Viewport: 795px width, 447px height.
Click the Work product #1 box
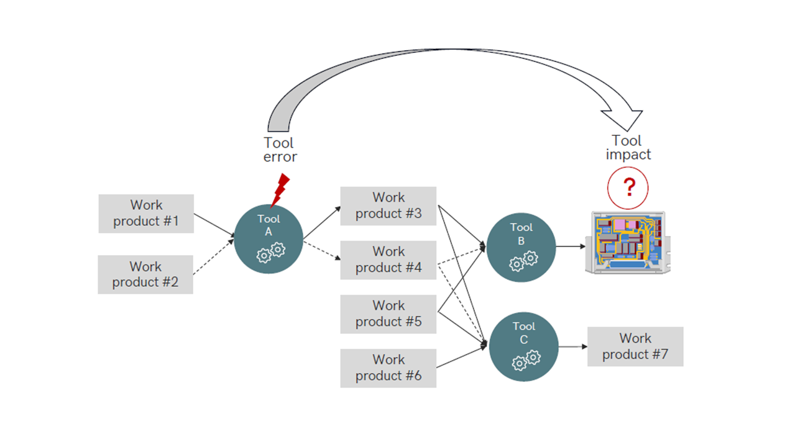coord(146,214)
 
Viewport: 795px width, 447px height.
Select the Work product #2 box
coord(145,274)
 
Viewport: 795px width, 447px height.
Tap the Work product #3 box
coord(388,205)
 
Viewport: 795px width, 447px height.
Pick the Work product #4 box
coord(388,260)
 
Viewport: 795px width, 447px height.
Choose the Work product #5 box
coord(388,314)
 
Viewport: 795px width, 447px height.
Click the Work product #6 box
coord(388,368)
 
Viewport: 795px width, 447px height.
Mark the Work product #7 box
coord(635,346)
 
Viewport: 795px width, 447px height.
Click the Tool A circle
coord(269,238)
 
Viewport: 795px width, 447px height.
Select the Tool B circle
coord(521,247)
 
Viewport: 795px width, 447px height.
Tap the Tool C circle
coord(523,346)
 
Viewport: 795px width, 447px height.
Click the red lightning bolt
coord(280,189)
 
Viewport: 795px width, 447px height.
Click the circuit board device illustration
coord(628,243)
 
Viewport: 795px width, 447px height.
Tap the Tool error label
coord(280,150)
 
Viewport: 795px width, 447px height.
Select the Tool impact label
coord(628,147)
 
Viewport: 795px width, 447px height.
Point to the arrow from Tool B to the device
coord(570,246)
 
